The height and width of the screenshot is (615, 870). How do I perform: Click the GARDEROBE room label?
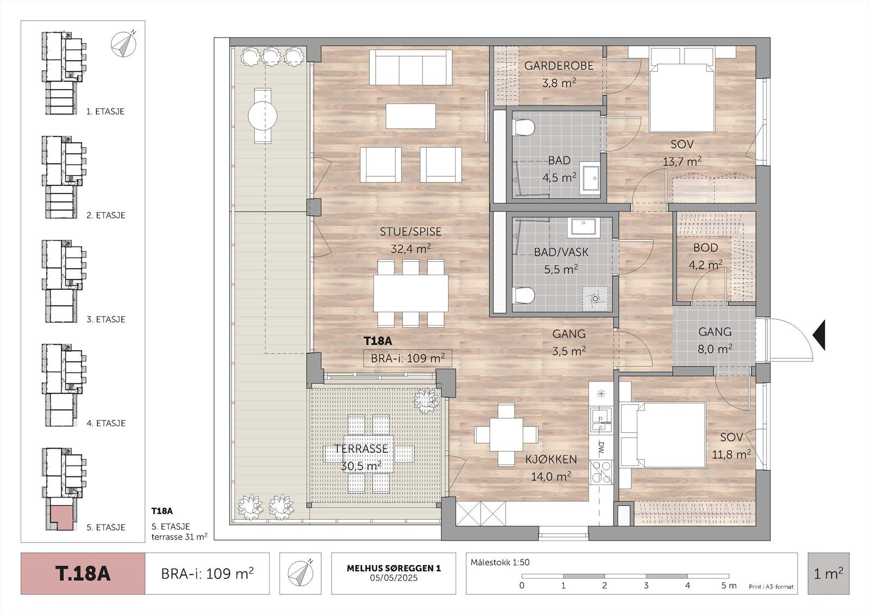558,66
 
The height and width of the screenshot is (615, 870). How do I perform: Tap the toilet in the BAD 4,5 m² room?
524,127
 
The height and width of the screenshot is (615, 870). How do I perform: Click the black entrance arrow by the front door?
819,335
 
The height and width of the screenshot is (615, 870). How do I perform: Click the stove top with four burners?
601,472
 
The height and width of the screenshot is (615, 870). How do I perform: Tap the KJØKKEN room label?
551,459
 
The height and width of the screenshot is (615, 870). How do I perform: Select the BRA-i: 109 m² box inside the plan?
407,358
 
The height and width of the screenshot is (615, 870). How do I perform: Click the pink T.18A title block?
83,574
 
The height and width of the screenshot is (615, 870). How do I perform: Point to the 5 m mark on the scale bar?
728,586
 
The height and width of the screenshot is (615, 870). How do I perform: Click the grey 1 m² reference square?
829,574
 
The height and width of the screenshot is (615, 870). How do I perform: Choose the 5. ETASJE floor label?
105,527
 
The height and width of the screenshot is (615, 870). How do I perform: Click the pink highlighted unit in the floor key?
61,518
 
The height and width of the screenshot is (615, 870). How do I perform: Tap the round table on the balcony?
263,116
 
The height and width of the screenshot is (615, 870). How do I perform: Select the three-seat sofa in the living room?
411,67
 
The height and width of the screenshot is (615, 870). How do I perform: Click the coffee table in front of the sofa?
411,116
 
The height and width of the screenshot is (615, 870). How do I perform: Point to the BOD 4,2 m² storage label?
706,256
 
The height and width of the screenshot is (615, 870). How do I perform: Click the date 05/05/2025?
394,577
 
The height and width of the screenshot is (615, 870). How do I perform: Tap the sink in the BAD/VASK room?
583,227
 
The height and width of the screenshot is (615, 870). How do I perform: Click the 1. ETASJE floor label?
105,111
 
